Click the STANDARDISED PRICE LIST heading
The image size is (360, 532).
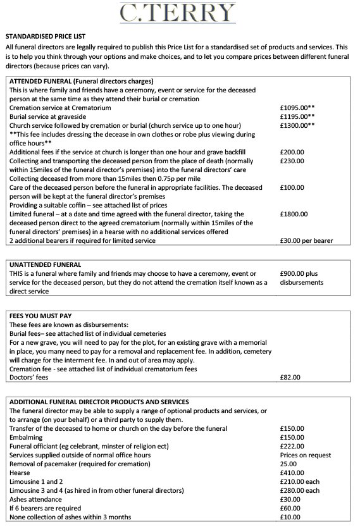(45, 37)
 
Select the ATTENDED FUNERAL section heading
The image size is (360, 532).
(81, 81)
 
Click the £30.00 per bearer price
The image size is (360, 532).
(306, 240)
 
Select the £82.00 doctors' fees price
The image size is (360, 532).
(290, 378)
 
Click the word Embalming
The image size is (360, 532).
(27, 437)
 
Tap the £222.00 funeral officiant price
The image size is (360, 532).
(292, 446)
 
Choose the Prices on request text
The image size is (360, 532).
(305, 455)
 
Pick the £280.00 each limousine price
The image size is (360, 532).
(299, 490)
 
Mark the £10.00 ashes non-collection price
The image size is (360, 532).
(290, 517)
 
